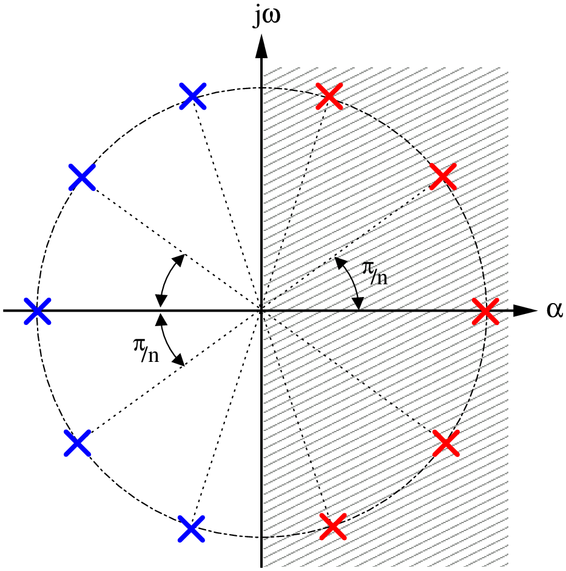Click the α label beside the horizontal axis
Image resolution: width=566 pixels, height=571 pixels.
(x=554, y=310)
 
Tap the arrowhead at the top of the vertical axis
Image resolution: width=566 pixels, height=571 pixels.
(x=261, y=46)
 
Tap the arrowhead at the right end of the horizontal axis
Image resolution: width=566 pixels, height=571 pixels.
(x=525, y=310)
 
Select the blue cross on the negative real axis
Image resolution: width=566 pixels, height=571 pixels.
(x=37, y=311)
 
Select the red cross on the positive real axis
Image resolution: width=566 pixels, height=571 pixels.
(x=485, y=311)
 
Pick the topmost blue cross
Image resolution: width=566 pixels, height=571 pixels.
(x=193, y=96)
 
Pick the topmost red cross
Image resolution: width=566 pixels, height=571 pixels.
(x=329, y=96)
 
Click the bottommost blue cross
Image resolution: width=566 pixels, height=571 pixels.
(x=191, y=529)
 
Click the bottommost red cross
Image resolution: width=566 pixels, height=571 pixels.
(x=333, y=526)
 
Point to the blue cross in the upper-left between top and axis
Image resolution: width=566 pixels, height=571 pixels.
(x=82, y=177)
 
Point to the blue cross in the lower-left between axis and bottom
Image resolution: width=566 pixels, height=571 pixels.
(x=77, y=443)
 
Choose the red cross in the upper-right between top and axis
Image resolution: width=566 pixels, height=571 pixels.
(x=443, y=176)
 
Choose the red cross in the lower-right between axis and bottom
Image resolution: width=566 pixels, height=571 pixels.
(x=446, y=443)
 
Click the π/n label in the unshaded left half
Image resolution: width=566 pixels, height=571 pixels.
(x=146, y=350)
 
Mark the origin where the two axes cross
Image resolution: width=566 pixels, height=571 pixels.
(x=261, y=310)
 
